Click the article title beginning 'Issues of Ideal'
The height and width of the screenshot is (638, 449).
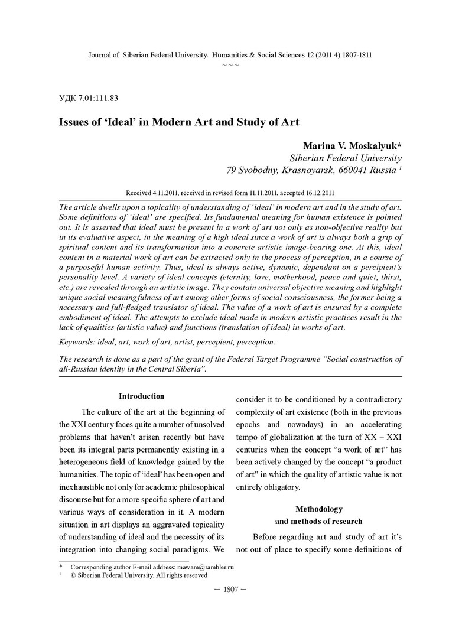(x=179, y=122)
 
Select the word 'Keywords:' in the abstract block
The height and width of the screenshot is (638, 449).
(x=80, y=341)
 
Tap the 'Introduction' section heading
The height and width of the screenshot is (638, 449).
(x=141, y=396)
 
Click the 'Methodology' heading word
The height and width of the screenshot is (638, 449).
(x=318, y=509)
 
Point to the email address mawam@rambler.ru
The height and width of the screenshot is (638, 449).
(x=204, y=567)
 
